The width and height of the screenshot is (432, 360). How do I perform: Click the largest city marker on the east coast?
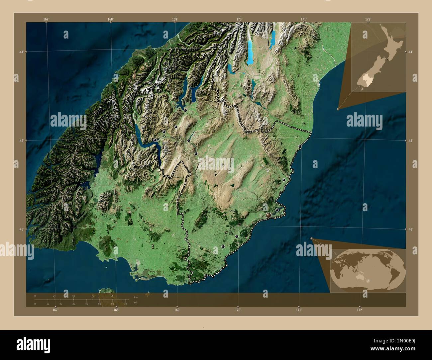click(268, 216)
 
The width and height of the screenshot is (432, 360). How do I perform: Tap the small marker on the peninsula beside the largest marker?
click(277, 210)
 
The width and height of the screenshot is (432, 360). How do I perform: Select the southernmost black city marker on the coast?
click(206, 275)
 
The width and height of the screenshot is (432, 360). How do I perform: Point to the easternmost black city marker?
click(300, 146)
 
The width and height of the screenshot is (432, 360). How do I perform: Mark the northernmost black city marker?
click(185, 110)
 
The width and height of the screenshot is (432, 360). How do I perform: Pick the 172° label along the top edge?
click(368, 19)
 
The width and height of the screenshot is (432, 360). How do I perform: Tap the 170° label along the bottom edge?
click(238, 310)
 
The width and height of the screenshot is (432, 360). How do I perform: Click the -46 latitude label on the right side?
click(410, 229)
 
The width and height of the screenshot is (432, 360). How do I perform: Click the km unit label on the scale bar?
click(136, 297)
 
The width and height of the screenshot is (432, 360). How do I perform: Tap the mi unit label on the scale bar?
click(135, 303)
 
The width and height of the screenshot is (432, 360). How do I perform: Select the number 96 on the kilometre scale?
click(112, 296)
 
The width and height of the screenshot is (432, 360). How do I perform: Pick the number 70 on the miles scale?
click(125, 304)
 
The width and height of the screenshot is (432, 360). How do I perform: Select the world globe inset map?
click(368, 271)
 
